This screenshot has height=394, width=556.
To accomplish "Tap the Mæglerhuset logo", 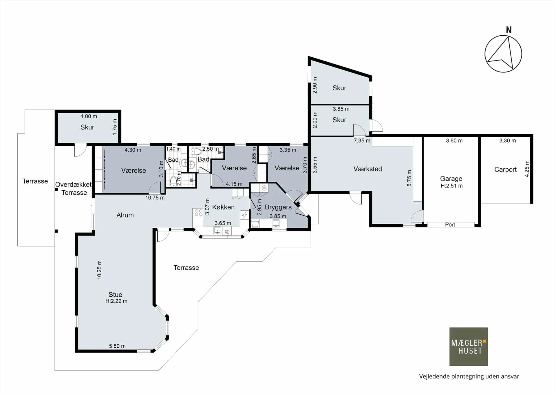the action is pyautogui.click(x=469, y=346).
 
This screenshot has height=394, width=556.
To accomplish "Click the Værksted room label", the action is pyautogui.click(x=367, y=169).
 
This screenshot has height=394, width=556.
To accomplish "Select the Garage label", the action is pyautogui.click(x=451, y=179).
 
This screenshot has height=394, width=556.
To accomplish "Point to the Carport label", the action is pyautogui.click(x=505, y=169).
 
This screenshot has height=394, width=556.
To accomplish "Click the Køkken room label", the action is pyautogui.click(x=223, y=207).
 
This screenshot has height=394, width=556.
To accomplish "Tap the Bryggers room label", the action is pyautogui.click(x=278, y=207).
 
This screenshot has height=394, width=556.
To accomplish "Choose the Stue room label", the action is pyautogui.click(x=115, y=295).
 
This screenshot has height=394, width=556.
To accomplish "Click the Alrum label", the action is pyautogui.click(x=125, y=215).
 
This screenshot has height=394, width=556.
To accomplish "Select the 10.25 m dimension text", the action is pyautogui.click(x=99, y=270).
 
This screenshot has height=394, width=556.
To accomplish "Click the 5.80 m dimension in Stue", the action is pyautogui.click(x=117, y=346).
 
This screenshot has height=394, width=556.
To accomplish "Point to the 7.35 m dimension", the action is pyautogui.click(x=362, y=141).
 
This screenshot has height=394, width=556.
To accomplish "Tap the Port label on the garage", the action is pyautogui.click(x=450, y=225).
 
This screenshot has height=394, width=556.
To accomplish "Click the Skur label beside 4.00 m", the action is pyautogui.click(x=87, y=127).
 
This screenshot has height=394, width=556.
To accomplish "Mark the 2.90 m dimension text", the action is pyautogui.click(x=315, y=85).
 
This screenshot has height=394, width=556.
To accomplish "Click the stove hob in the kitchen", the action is pyautogui.click(x=198, y=213).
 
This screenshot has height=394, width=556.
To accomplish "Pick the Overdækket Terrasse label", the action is pyautogui.click(x=74, y=189).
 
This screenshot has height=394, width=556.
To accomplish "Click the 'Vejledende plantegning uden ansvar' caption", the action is pyautogui.click(x=469, y=376).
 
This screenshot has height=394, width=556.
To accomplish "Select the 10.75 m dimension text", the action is pyautogui.click(x=155, y=198).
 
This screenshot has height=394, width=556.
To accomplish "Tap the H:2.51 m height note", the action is pyautogui.click(x=452, y=186).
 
